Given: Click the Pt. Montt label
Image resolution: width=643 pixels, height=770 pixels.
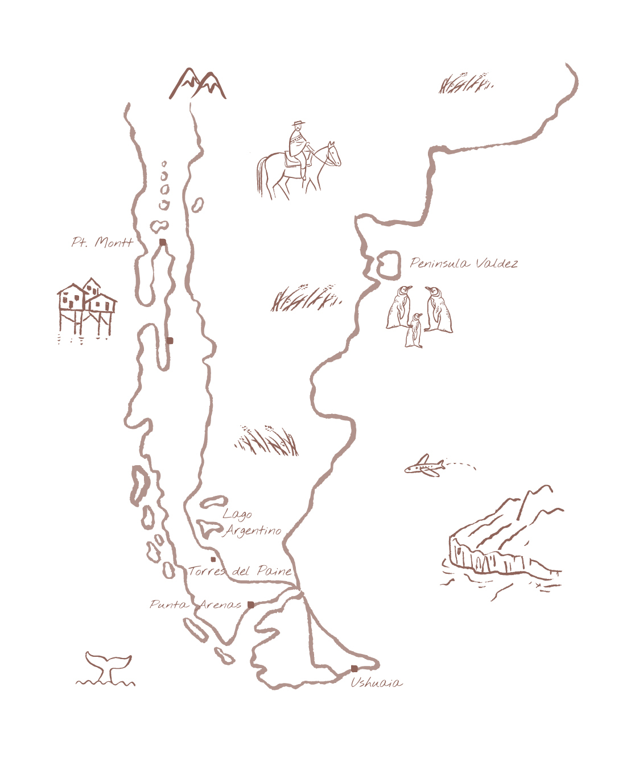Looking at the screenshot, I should (x=102, y=242).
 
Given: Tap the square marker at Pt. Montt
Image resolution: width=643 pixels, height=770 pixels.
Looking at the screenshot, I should (x=163, y=242).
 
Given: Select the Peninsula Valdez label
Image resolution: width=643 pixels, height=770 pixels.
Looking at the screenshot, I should (x=464, y=263).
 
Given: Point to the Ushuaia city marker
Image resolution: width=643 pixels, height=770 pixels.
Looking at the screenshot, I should (x=354, y=668).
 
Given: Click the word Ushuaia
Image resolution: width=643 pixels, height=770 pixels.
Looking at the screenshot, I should (x=376, y=682).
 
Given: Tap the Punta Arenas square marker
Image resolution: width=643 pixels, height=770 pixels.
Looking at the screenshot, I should (x=251, y=605).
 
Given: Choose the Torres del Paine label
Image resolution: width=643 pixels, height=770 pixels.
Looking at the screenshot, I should (x=240, y=571).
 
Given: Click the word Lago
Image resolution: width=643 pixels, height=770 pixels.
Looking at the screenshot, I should (x=237, y=514).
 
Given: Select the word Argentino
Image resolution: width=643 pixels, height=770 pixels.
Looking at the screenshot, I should (x=253, y=531).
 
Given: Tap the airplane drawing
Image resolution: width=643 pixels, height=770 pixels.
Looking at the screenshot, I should (x=425, y=466).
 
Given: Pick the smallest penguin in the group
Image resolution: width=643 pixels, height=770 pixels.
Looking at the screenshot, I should (x=414, y=331).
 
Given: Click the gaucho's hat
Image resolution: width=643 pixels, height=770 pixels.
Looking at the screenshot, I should (x=298, y=123).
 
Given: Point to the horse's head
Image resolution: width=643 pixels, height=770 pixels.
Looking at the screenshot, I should (x=332, y=154).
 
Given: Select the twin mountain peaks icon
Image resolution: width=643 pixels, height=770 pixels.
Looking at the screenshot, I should (x=197, y=84).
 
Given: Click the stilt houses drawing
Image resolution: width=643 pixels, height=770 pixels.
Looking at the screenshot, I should (x=86, y=307).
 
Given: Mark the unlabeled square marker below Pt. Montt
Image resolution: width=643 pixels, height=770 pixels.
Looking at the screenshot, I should (x=170, y=341).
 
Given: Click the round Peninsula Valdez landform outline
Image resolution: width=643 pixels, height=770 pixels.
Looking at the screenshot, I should (x=389, y=266).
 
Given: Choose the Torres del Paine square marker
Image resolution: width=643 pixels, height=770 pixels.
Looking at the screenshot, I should (x=213, y=560).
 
